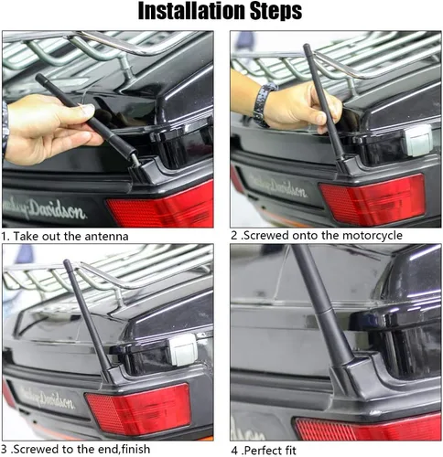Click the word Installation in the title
[191, 11]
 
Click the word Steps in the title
[276, 12]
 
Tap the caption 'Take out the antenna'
[70, 237]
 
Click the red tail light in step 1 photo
[160, 204]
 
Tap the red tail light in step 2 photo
[373, 199]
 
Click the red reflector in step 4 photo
[368, 428]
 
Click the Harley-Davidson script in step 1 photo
[43, 209]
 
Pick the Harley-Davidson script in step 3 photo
[47, 397]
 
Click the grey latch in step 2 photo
[419, 140]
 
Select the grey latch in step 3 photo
[181, 349]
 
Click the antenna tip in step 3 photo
[66, 262]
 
